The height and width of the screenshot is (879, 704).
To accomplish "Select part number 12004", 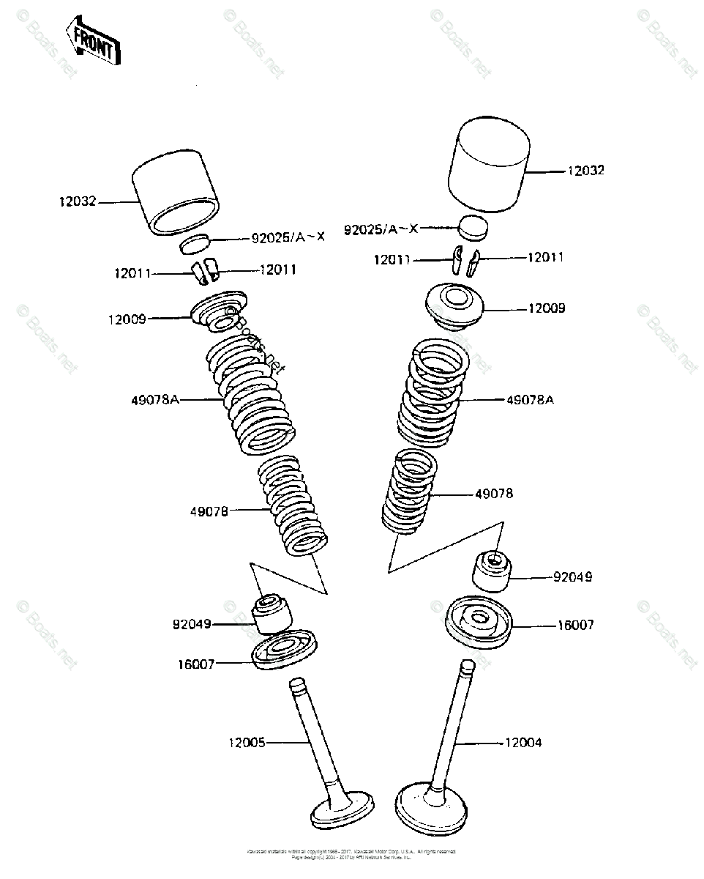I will pyautogui.click(x=523, y=743).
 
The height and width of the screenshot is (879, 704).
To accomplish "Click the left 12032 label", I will pyautogui.click(x=78, y=201).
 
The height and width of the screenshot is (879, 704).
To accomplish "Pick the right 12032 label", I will pyautogui.click(x=586, y=171).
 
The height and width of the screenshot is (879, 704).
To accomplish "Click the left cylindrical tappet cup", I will pyautogui.click(x=177, y=196).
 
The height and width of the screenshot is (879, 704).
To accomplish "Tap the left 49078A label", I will pyautogui.click(x=155, y=400).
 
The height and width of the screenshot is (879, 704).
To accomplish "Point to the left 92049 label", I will pyautogui.click(x=192, y=625).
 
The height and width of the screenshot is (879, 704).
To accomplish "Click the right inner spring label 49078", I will pyautogui.click(x=494, y=494).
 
